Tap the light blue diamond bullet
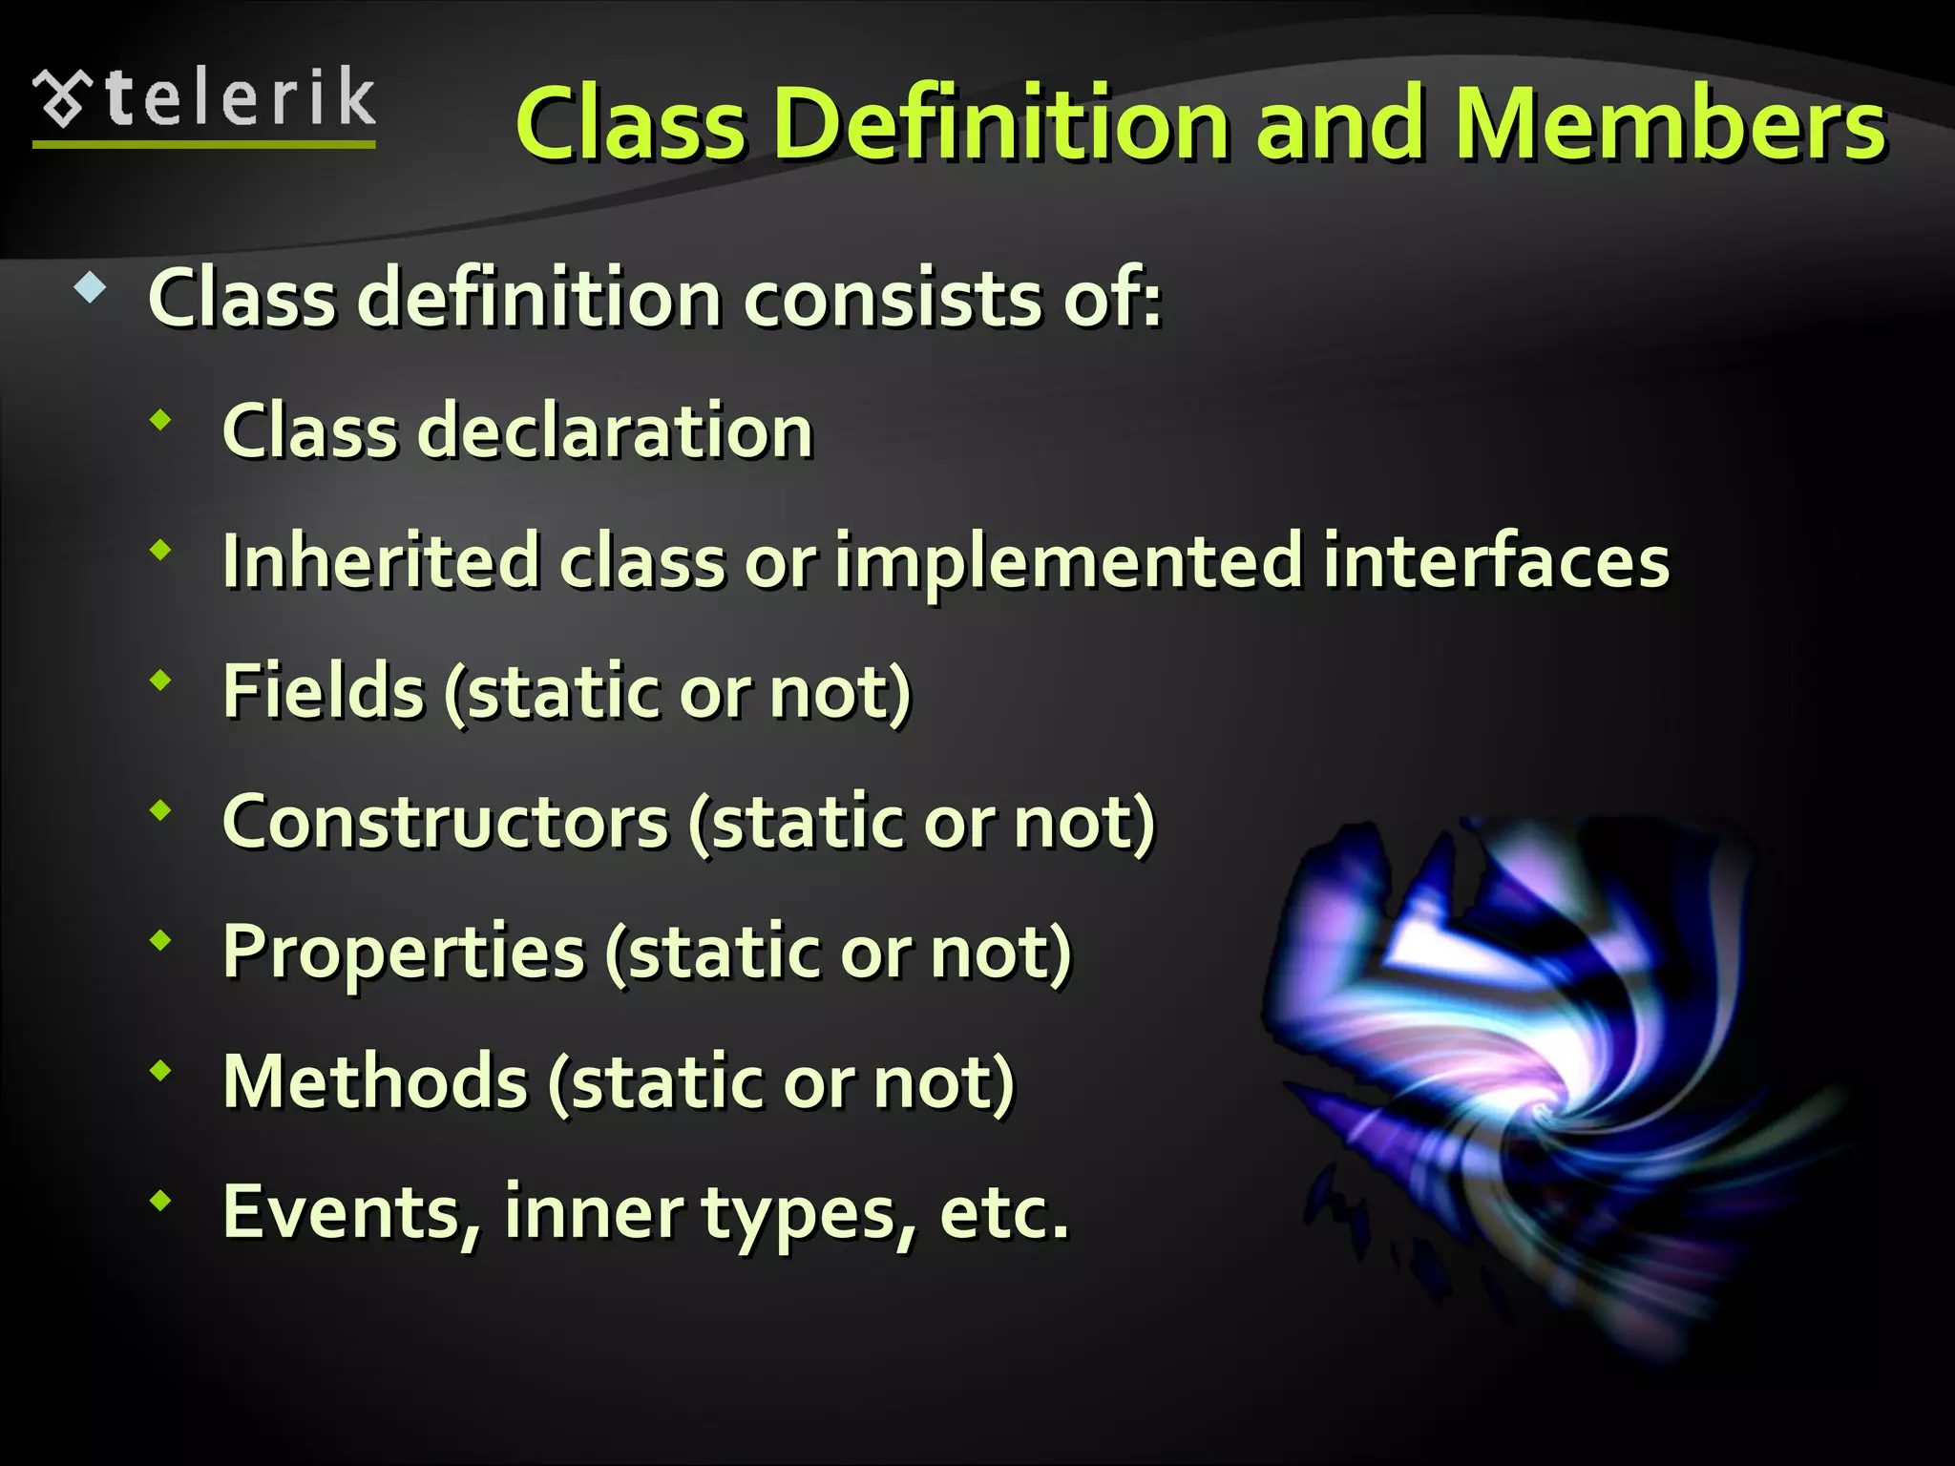pyautogui.click(x=90, y=288)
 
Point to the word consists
pyautogui.click(x=893, y=299)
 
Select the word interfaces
pyautogui.click(x=1496, y=561)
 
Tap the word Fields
pyautogui.click(x=323, y=691)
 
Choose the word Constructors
pyautogui.click(x=445, y=822)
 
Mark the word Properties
pyautogui.click(x=403, y=953)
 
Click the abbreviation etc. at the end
pyautogui.click(x=1003, y=1213)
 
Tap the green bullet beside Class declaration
pyautogui.click(x=161, y=420)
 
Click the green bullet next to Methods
pyautogui.click(x=161, y=1071)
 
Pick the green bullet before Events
pyautogui.click(x=161, y=1201)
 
